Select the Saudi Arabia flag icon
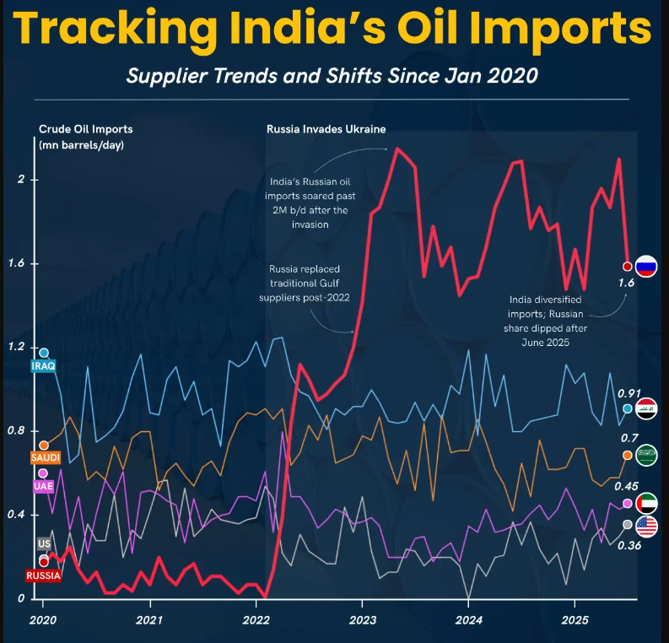click(x=647, y=455)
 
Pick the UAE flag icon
click(x=646, y=503)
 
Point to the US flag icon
click(x=646, y=527)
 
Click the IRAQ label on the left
click(x=43, y=366)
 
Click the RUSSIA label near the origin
click(x=43, y=575)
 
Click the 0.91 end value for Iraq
click(x=629, y=392)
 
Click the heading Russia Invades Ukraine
click(x=326, y=129)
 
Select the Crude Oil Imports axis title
click(x=85, y=129)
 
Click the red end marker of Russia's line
click(x=627, y=267)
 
